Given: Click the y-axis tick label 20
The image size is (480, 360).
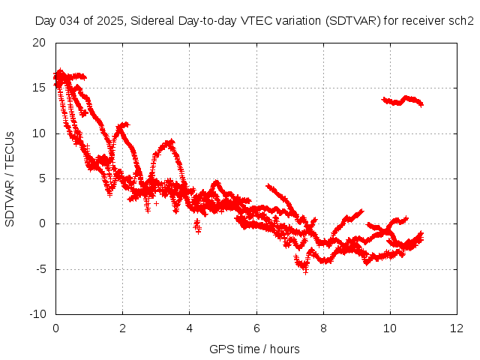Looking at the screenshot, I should click(40, 43).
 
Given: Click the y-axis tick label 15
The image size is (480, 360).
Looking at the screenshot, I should click(40, 88).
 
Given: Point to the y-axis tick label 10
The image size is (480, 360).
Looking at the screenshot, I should click(40, 133).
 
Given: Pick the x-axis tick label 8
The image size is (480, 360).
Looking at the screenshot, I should click(323, 328).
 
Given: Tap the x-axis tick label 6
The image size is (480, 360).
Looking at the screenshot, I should click(256, 328).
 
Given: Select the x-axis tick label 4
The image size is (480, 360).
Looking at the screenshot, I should click(189, 328).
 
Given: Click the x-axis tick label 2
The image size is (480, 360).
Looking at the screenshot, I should click(122, 328).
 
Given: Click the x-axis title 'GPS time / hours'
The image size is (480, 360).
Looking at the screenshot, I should click(255, 349).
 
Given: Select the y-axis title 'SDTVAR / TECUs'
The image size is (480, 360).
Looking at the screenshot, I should click(10, 178).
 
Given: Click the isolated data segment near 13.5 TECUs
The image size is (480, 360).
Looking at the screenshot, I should click(403, 100).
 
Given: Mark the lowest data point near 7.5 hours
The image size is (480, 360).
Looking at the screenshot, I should click(305, 271).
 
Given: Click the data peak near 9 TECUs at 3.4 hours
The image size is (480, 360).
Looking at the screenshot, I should click(170, 141).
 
